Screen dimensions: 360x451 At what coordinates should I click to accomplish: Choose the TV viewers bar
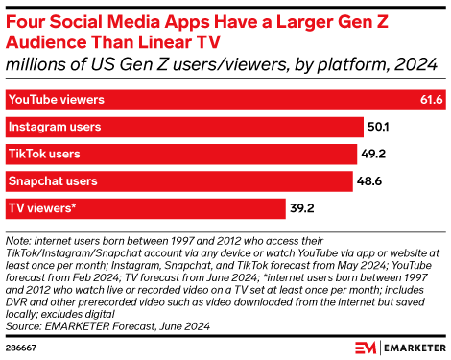[x=144, y=207]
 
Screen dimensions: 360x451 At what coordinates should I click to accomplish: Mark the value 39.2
[x=304, y=207]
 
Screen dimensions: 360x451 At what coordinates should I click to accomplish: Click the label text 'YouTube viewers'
[x=56, y=99]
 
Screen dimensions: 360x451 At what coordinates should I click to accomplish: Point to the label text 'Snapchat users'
[x=53, y=180]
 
